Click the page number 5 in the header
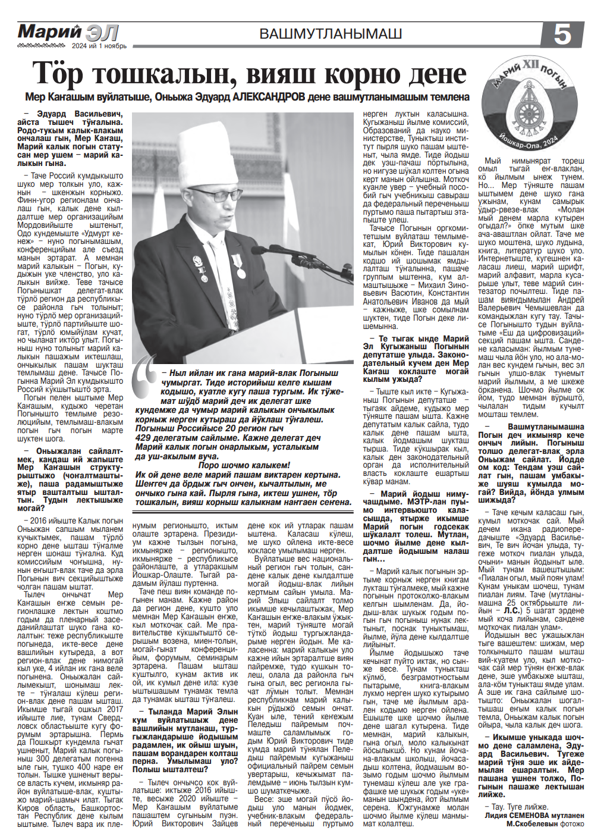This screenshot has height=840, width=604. point(562,35)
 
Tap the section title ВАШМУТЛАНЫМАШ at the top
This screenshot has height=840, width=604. point(331,34)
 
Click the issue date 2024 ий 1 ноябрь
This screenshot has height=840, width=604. point(99,46)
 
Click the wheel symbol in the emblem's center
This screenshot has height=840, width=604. point(527,108)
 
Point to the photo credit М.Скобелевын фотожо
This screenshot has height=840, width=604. point(545,823)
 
